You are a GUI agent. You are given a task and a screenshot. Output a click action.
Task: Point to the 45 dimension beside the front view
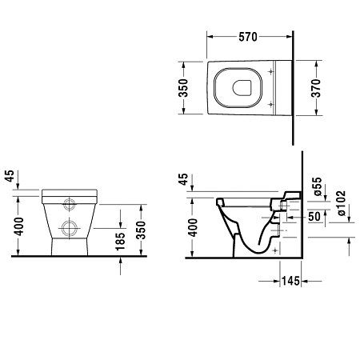10,177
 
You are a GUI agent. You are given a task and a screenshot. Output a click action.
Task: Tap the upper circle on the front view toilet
69,202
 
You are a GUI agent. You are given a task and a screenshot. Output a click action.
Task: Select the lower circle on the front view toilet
69,228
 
